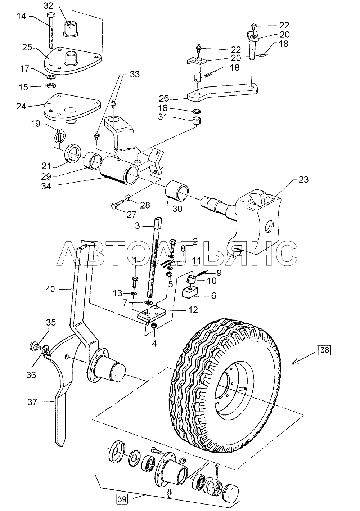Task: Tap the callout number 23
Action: (303, 180)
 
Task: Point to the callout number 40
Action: (50, 289)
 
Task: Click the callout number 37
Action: (32, 402)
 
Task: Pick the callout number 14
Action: (22, 17)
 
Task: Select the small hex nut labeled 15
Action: (52, 86)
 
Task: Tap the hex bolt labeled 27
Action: (117, 204)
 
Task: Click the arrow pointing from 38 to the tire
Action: (304, 359)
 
